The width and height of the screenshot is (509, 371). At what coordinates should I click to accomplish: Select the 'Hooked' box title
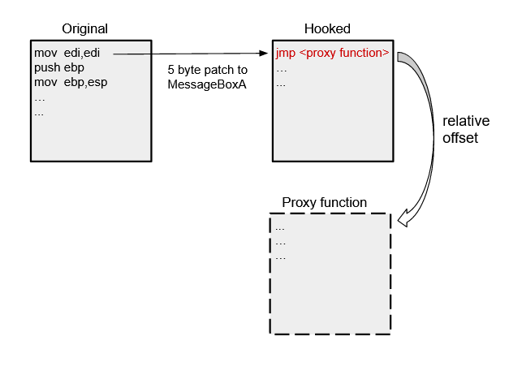point(327,28)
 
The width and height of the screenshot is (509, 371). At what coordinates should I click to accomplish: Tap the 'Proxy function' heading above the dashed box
point(324,202)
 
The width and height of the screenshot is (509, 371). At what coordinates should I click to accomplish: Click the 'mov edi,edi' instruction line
point(67,53)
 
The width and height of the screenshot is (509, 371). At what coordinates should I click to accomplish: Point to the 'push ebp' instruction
point(58,67)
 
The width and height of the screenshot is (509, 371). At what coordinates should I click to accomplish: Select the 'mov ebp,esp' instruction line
point(70,82)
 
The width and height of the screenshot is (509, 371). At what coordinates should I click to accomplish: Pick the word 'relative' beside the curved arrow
point(460,123)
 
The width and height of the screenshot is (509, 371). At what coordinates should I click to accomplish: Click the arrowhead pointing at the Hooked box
point(265,54)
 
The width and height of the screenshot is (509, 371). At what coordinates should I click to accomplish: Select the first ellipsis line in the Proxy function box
point(281,227)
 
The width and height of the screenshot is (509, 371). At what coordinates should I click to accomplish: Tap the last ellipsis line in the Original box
point(39,113)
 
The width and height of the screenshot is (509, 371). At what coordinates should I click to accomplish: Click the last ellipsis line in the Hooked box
point(282,84)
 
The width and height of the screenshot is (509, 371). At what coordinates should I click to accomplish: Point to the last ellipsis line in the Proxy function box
point(281,257)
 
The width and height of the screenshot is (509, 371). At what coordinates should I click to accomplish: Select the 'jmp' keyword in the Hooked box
point(284,54)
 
